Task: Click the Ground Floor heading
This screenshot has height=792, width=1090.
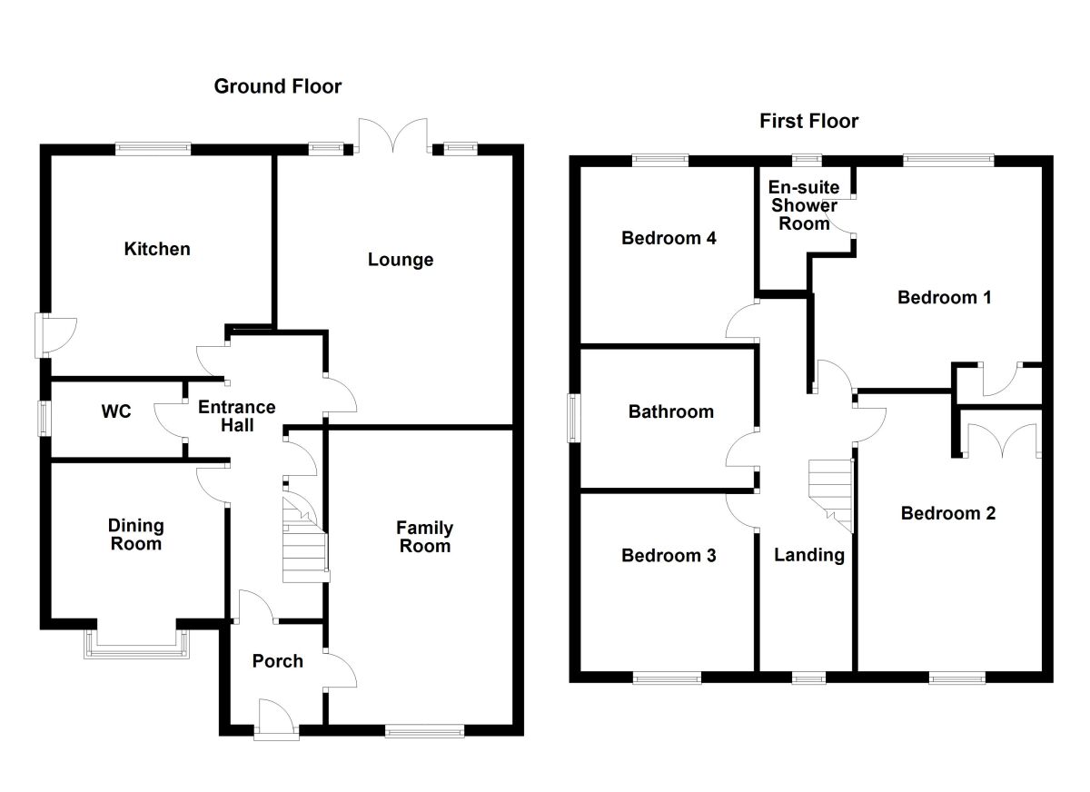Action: click(277, 86)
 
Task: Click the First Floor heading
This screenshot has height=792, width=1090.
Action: click(808, 121)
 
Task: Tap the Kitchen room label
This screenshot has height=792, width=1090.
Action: click(157, 248)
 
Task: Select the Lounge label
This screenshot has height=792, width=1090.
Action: click(400, 260)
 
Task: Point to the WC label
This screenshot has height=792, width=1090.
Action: click(116, 411)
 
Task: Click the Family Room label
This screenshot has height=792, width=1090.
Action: click(424, 537)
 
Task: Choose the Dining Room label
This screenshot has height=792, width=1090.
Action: click(136, 534)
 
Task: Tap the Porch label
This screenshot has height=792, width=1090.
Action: click(277, 660)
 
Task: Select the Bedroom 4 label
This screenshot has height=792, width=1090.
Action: click(669, 238)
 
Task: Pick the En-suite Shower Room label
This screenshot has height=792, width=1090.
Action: click(804, 205)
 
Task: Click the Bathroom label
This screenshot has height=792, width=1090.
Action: click(671, 411)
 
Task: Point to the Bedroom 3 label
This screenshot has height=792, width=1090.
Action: click(669, 555)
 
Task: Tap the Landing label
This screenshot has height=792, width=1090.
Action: click(808, 554)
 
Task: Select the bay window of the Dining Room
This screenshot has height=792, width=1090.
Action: click(137, 641)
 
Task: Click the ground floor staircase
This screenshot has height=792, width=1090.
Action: click(305, 543)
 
